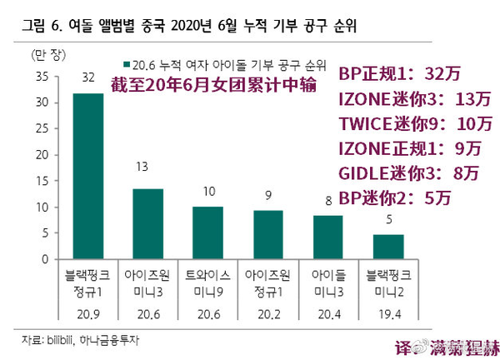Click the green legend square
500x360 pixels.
pyautogui.click(x=126, y=64)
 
